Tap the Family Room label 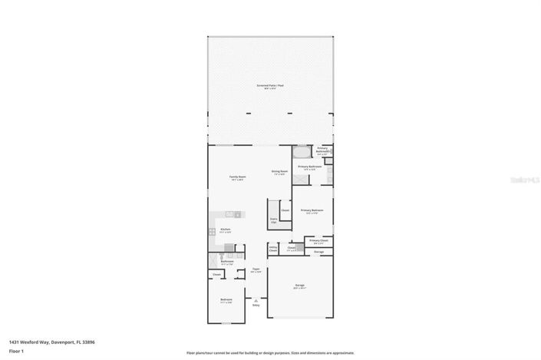[x=238, y=178]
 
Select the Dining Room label [x=279, y=172]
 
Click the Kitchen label [x=226, y=230]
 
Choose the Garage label [x=299, y=286]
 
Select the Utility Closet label [x=273, y=249]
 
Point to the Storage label [x=318, y=252]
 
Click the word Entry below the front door [x=256, y=306]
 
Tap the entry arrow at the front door [x=256, y=300]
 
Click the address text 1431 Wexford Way [x=39, y=342]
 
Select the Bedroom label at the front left [x=226, y=300]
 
